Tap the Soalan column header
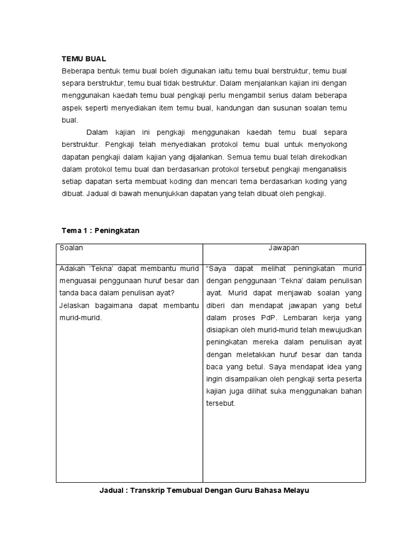pos(71,247)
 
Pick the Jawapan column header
pos(284,247)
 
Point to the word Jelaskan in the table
pos(75,305)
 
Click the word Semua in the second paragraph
pos(242,157)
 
